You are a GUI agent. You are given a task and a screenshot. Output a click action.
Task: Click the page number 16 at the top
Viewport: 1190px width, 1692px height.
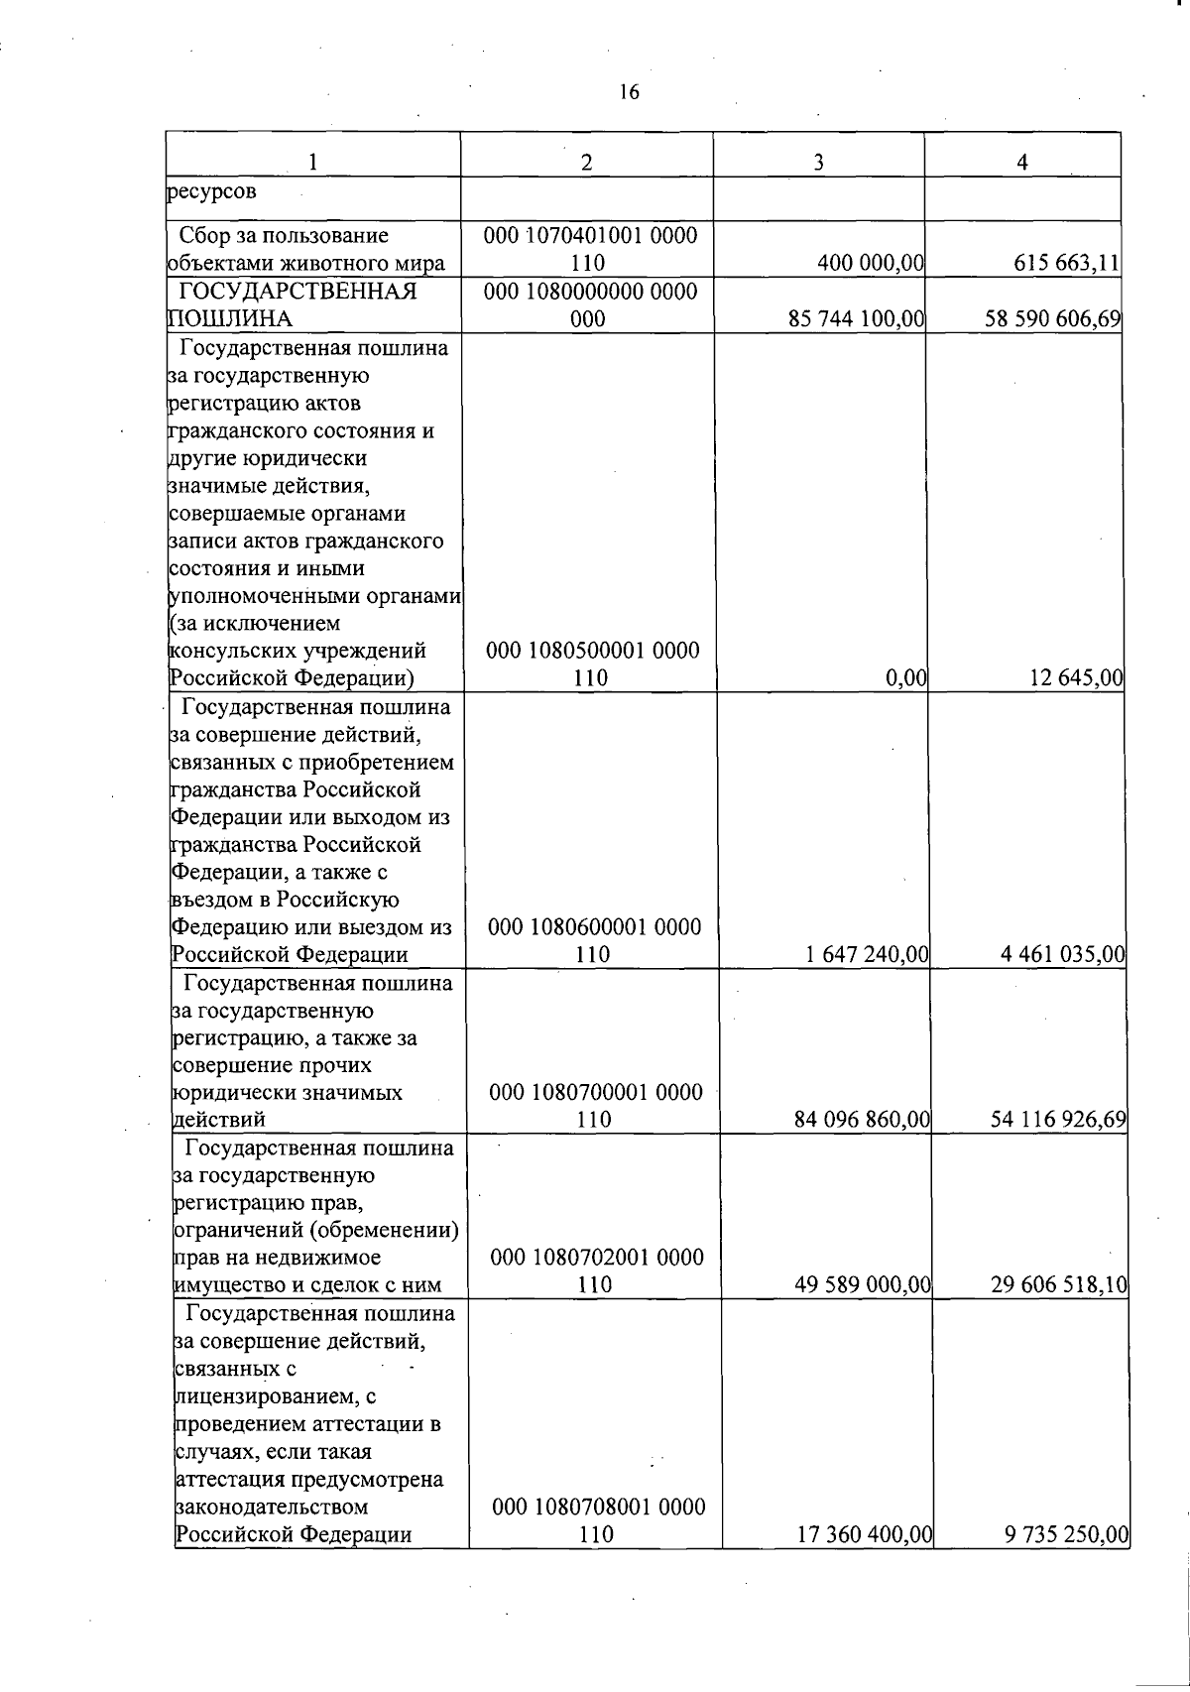pos(629,92)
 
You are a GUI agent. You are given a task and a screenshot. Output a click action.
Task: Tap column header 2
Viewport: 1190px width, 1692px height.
pos(587,163)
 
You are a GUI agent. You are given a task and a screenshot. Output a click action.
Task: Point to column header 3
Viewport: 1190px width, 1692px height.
pos(818,163)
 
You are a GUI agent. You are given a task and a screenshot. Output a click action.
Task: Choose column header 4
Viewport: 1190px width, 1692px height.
pos(1022,163)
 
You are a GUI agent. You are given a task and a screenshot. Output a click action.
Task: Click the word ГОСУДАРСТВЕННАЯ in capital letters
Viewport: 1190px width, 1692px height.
pos(297,292)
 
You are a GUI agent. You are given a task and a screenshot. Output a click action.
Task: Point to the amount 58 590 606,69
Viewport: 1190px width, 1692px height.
pos(1053,319)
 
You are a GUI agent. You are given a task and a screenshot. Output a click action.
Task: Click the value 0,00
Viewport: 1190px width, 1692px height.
pos(905,678)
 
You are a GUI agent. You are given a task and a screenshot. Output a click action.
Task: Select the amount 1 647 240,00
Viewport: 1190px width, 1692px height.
pos(867,955)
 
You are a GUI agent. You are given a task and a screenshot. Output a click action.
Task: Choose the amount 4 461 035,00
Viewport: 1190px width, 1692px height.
pos(1063,955)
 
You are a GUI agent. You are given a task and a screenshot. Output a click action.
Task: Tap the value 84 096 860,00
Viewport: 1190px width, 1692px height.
pos(862,1120)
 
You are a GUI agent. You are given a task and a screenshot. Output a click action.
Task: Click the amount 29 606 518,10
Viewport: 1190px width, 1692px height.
pos(1059,1285)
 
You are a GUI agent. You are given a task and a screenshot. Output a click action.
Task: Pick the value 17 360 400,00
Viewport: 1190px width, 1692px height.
pos(865,1562)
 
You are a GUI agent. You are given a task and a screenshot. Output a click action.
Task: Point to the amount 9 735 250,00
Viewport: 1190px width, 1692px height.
pos(1067,1562)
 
